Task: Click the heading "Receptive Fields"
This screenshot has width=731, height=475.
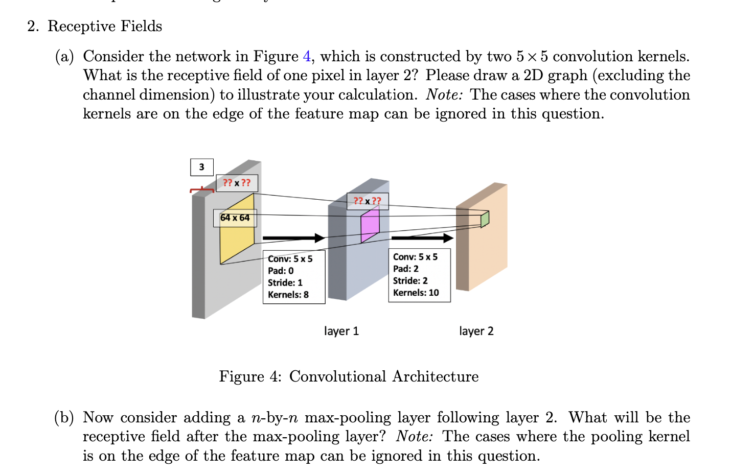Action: (x=104, y=26)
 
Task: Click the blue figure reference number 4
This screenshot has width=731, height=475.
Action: (x=307, y=56)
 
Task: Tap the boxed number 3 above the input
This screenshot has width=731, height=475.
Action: (x=201, y=167)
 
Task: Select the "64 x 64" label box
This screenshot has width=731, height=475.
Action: (x=235, y=218)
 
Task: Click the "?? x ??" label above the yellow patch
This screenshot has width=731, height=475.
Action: (x=237, y=183)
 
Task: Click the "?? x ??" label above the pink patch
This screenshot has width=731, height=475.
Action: (x=367, y=201)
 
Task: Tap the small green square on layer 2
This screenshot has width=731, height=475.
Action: (x=485, y=219)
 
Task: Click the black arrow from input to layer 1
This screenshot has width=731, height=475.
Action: (x=293, y=238)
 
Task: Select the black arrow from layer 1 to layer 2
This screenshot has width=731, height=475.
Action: (x=422, y=238)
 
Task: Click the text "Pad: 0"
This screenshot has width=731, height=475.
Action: (x=281, y=271)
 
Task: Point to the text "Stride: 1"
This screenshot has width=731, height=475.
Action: (x=285, y=283)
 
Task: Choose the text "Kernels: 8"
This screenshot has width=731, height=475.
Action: (x=288, y=295)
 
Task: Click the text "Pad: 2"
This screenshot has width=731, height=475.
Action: (x=405, y=269)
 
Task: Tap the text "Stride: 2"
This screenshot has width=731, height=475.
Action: (x=410, y=281)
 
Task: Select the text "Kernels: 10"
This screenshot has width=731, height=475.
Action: (x=416, y=293)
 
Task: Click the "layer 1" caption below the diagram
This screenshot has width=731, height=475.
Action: (x=341, y=331)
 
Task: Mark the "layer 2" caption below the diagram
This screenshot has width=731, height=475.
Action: (x=476, y=331)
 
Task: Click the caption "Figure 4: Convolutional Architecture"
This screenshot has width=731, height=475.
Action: (x=349, y=376)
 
